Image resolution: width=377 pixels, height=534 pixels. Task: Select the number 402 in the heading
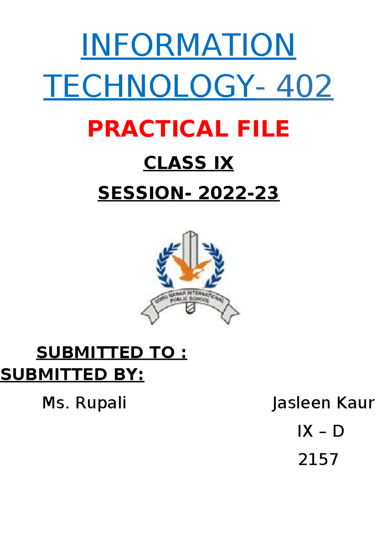coord(304,86)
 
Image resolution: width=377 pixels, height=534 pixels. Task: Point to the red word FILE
coord(263,128)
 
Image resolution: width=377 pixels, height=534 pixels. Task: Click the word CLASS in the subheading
coord(175,163)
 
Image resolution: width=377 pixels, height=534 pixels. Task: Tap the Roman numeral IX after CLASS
coord(224,163)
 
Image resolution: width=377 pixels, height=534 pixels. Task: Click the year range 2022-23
coord(238,193)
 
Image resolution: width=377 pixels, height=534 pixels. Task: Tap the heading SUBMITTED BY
coord(72,374)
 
